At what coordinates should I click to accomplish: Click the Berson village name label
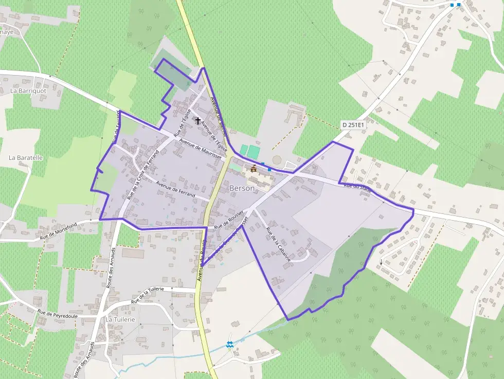(242, 189)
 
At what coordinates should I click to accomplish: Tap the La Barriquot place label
(28, 91)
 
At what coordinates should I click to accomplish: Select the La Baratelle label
(26, 158)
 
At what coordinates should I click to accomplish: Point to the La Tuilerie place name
(120, 319)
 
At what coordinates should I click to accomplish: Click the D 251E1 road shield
(353, 124)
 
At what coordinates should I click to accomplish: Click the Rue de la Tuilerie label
(148, 296)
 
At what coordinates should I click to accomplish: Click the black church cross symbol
(198, 121)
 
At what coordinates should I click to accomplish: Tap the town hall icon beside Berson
(254, 168)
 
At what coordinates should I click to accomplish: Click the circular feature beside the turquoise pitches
(277, 160)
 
